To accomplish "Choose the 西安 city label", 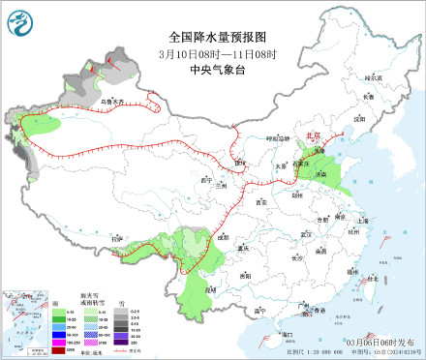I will (259, 201).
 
